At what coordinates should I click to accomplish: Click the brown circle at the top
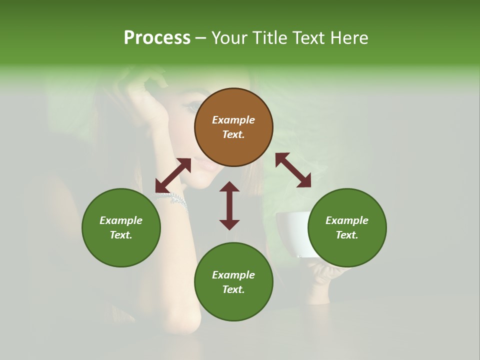[233, 127]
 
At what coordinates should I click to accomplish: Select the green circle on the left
[121, 227]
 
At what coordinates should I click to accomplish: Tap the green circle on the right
[347, 227]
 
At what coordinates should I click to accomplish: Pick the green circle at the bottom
[233, 282]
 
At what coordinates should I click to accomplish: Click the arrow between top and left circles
[173, 175]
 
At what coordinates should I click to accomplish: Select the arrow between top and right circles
[293, 170]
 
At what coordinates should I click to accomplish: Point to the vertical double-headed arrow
[229, 205]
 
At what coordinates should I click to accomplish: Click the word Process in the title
[157, 38]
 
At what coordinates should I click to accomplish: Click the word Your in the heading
[229, 38]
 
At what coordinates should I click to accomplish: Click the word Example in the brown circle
[233, 120]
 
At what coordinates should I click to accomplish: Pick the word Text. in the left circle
[121, 235]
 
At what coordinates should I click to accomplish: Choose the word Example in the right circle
[347, 220]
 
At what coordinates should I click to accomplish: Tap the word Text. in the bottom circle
[233, 289]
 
